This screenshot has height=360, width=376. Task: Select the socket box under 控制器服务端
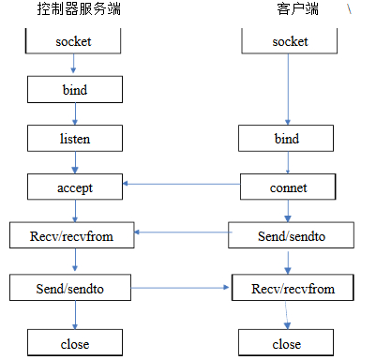coord(74,42)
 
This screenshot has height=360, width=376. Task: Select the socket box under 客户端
coord(288,42)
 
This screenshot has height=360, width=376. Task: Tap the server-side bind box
coord(74,90)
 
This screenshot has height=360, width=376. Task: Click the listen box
coord(74,139)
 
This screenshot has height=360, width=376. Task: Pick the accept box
coord(74,187)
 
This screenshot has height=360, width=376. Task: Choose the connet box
coord(288,187)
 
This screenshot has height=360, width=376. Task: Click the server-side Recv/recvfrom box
coord(74,235)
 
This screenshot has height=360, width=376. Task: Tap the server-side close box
coord(74,343)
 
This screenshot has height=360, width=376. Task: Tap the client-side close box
coord(287,343)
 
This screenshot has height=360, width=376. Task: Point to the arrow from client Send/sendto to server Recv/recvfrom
coord(184,232)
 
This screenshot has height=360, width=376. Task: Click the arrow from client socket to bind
coord(288,89)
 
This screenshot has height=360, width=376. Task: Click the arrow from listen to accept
coord(74,162)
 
